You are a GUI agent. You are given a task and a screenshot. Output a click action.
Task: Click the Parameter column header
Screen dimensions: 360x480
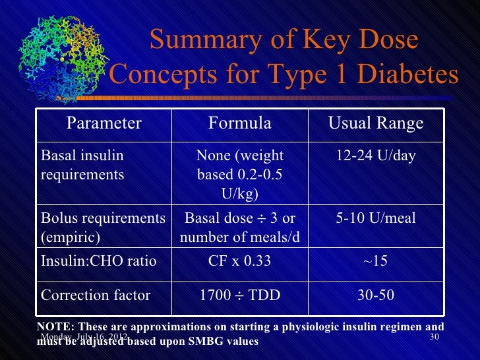pos(104,123)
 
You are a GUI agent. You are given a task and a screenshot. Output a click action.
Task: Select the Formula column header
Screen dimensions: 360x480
pos(240,123)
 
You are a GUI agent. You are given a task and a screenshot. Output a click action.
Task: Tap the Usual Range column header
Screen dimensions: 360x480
pos(376,123)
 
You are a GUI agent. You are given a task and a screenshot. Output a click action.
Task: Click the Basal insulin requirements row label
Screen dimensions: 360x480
pos(82,165)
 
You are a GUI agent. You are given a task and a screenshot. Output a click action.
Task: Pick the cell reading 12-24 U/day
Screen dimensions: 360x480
pos(376,156)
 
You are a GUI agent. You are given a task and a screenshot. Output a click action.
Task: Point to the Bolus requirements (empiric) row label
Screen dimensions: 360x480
pos(103,226)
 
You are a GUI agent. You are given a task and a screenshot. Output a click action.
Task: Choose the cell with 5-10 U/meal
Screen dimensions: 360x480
pos(376,218)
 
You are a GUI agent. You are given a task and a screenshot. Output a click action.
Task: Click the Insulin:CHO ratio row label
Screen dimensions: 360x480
pos(99,261)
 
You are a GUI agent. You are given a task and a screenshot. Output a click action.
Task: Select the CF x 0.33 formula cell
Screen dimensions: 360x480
pos(240,261)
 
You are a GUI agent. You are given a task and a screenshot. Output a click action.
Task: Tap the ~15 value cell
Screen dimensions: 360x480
pos(376,261)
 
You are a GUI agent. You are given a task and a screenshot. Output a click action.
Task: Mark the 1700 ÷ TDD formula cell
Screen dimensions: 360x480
pos(240,295)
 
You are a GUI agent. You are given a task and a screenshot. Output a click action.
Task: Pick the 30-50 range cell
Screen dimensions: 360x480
pos(376,295)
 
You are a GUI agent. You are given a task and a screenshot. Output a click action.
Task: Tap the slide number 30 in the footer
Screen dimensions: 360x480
pos(434,338)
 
